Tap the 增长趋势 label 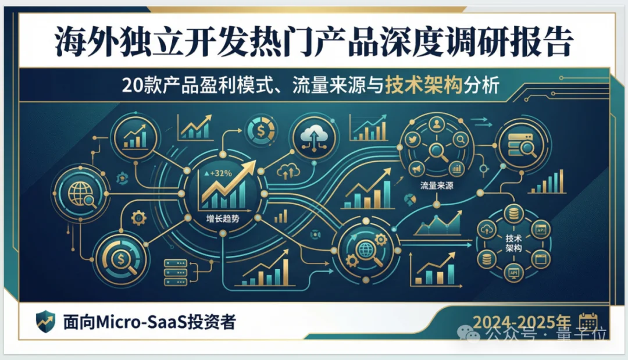point(223,219)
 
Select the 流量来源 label point(435,186)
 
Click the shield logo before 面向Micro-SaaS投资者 point(45,321)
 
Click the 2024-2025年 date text point(522,322)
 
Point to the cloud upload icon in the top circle point(313,137)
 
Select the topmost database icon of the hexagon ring point(513,213)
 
